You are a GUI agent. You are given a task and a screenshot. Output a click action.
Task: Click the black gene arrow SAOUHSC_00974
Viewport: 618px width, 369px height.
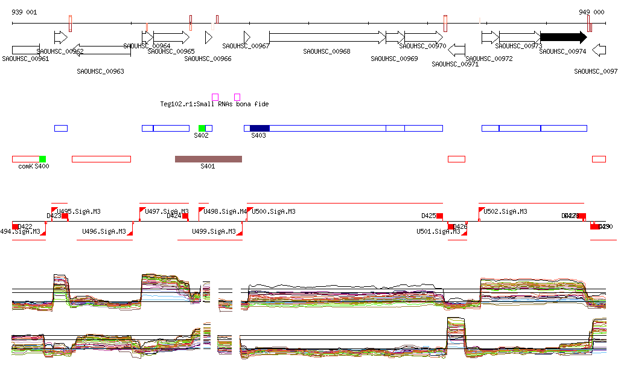point(563,37)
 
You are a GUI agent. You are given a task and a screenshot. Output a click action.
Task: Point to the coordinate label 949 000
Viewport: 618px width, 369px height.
point(591,12)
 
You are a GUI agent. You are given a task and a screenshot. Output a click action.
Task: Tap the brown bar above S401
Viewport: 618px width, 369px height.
point(208,159)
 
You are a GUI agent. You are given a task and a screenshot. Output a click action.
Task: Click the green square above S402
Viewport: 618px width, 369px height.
point(202,128)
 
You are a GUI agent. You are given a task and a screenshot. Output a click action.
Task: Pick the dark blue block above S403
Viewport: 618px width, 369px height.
point(260,128)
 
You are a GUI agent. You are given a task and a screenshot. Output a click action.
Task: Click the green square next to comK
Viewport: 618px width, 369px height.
point(42,159)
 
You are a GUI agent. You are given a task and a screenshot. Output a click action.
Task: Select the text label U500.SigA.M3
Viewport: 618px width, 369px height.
point(273,211)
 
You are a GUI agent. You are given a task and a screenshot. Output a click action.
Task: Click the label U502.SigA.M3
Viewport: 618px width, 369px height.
point(505,211)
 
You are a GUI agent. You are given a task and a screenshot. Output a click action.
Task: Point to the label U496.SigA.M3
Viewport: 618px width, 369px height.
point(104,231)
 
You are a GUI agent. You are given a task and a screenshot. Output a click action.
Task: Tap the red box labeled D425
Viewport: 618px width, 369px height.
point(439,216)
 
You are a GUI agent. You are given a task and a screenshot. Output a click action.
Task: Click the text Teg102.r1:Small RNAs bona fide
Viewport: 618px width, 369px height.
point(214,104)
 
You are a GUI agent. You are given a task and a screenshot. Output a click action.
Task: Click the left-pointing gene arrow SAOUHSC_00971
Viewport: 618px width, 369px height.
point(457,50)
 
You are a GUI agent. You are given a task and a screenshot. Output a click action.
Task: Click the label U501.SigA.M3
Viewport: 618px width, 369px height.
point(438,231)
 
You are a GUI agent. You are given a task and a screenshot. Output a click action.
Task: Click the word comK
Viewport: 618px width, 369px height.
point(25,166)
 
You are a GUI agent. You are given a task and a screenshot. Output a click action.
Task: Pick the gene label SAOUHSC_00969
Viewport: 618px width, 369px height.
point(395,59)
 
